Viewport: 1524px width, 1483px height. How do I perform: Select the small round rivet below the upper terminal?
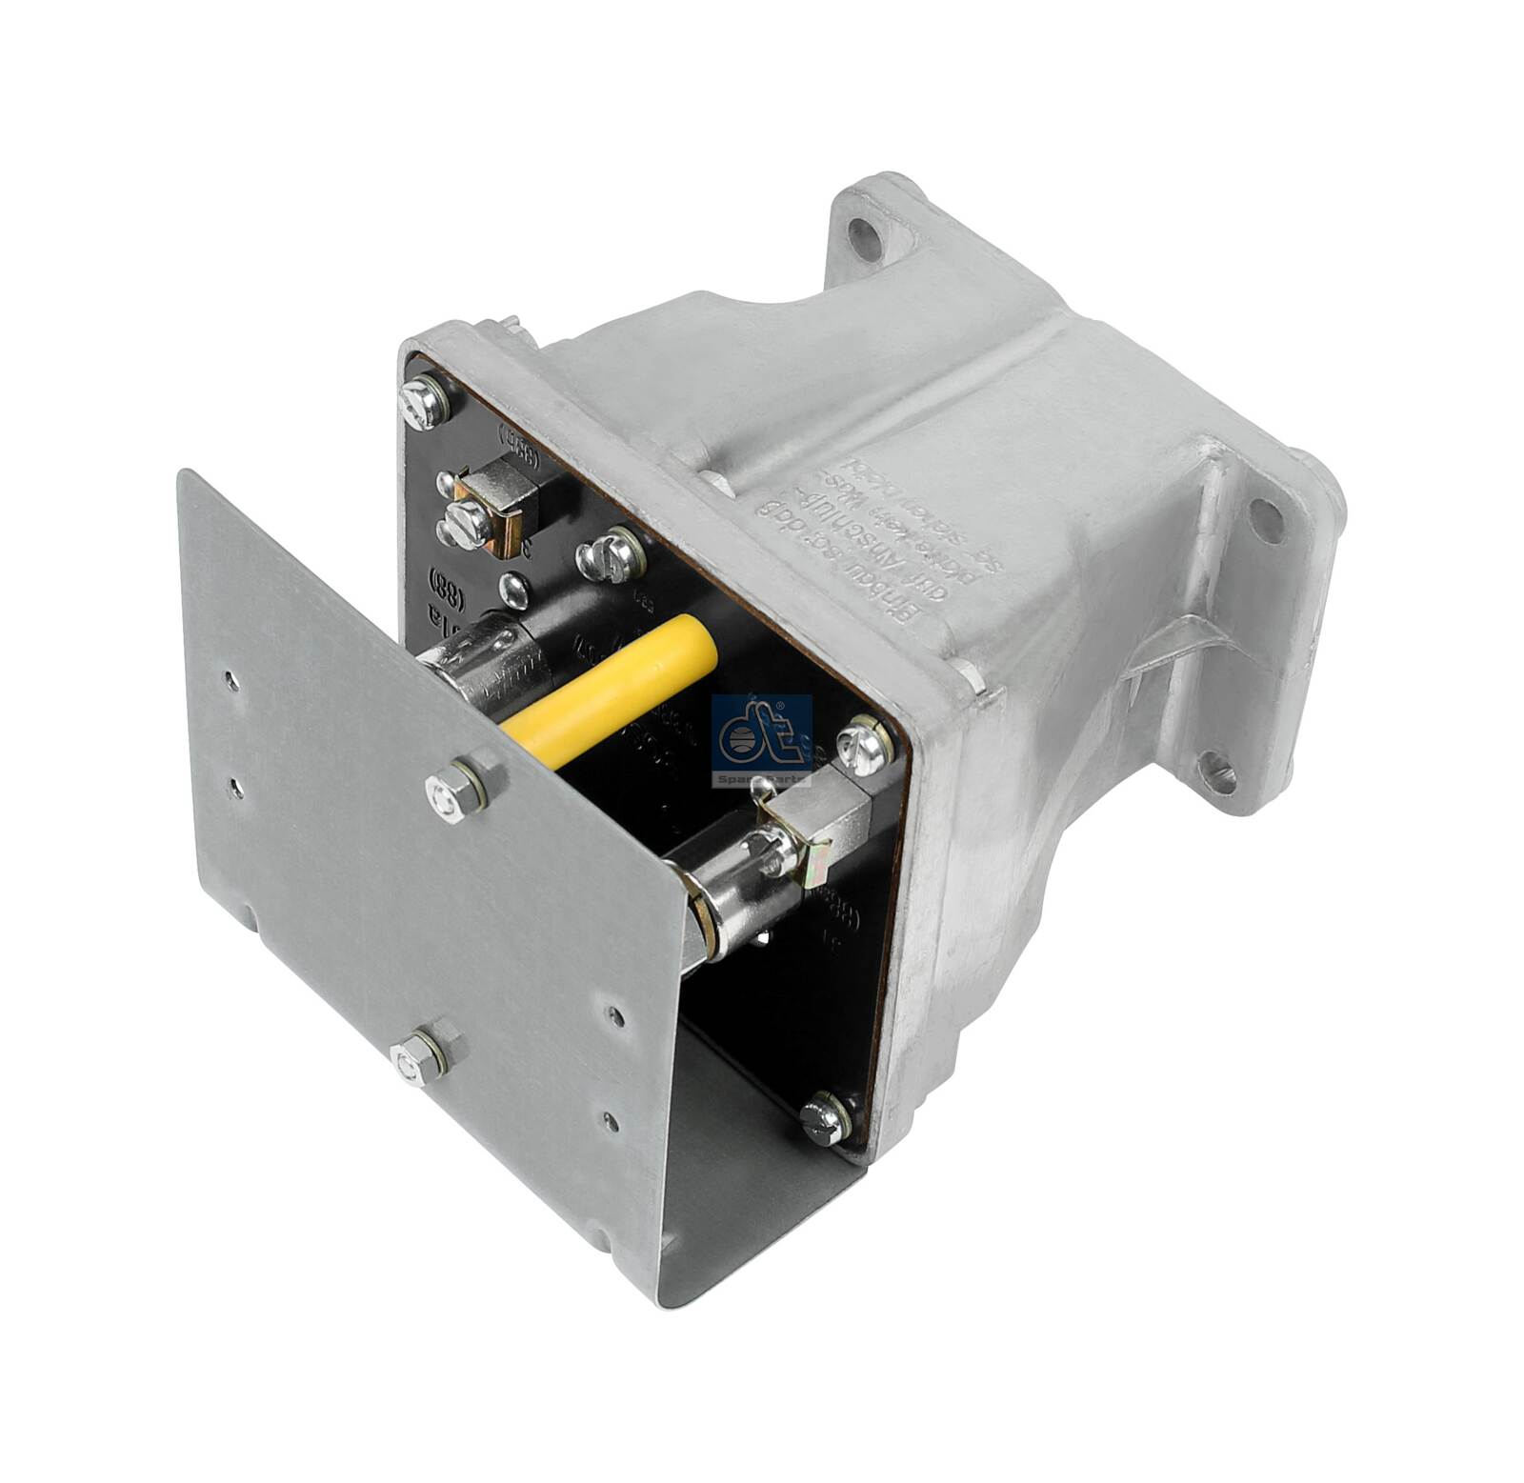514,590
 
